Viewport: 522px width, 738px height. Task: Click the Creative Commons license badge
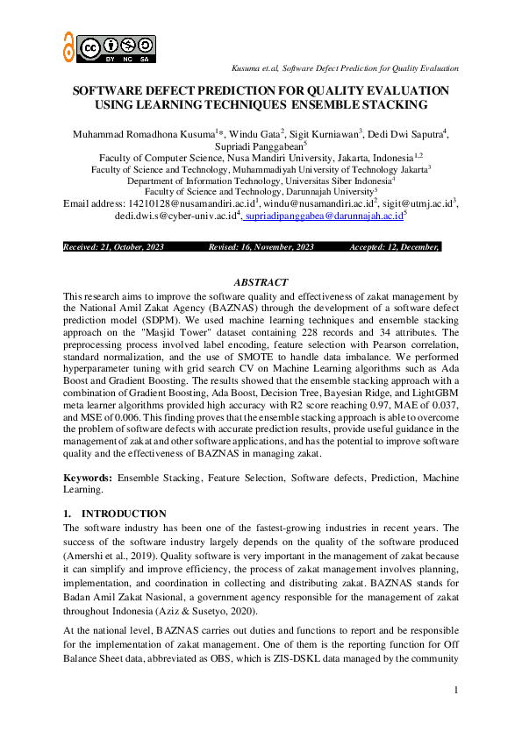[117, 49]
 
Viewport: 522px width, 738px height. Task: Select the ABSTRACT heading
[261, 282]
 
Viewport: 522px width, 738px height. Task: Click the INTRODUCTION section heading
[124, 514]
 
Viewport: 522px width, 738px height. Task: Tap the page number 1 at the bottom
[456, 692]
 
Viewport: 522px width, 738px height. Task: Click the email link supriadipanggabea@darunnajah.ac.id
[325, 215]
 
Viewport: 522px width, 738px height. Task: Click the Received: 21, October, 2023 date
[114, 247]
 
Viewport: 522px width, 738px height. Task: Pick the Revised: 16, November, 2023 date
[261, 247]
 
